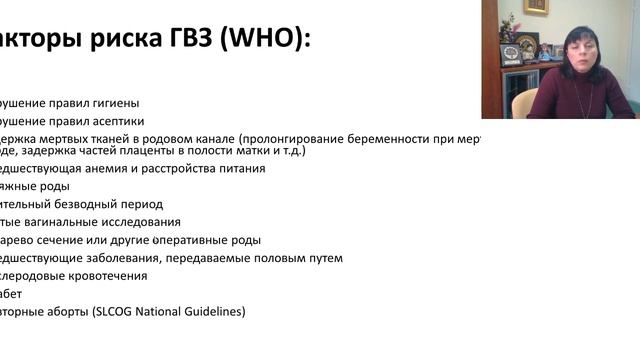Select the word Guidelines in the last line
213,312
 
